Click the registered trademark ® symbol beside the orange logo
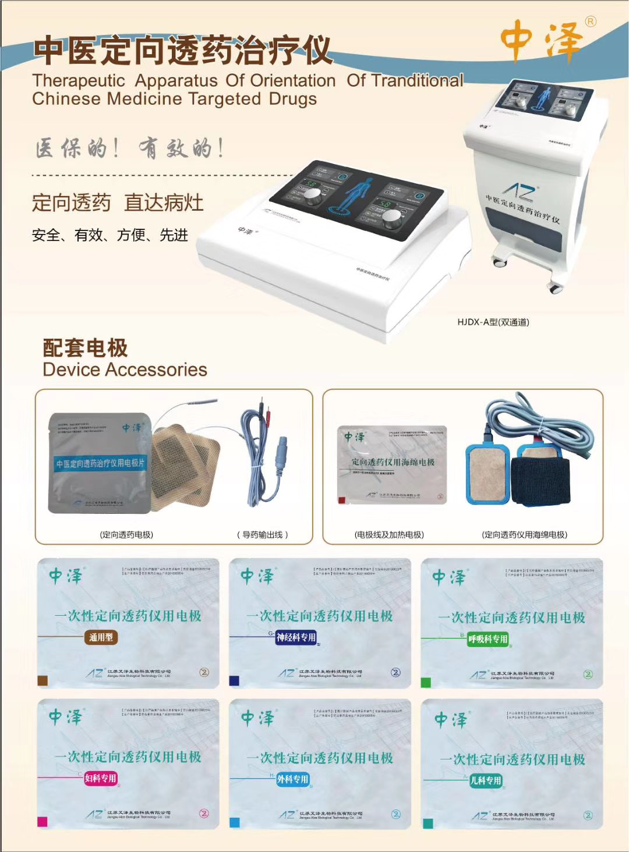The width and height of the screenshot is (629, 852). click(x=591, y=22)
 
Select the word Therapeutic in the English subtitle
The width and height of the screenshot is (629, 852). click(x=79, y=81)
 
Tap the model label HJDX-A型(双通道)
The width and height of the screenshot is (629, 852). click(x=493, y=322)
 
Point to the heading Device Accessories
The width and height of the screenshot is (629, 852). click(x=125, y=370)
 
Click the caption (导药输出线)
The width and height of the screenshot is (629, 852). click(x=263, y=534)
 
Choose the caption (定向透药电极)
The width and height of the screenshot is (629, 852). click(x=126, y=534)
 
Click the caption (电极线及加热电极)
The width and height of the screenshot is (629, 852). click(x=389, y=534)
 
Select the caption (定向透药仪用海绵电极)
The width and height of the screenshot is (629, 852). click(x=524, y=534)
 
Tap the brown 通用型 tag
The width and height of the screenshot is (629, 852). click(x=101, y=637)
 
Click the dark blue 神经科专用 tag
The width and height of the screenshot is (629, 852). click(x=296, y=638)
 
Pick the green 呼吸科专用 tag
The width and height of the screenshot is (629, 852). click(x=488, y=639)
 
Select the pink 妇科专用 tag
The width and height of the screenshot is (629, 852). click(x=101, y=778)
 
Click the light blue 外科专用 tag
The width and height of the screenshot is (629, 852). click(x=292, y=779)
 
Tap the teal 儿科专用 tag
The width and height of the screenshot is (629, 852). click(x=485, y=780)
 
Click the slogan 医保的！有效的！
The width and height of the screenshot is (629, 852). click(x=130, y=149)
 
